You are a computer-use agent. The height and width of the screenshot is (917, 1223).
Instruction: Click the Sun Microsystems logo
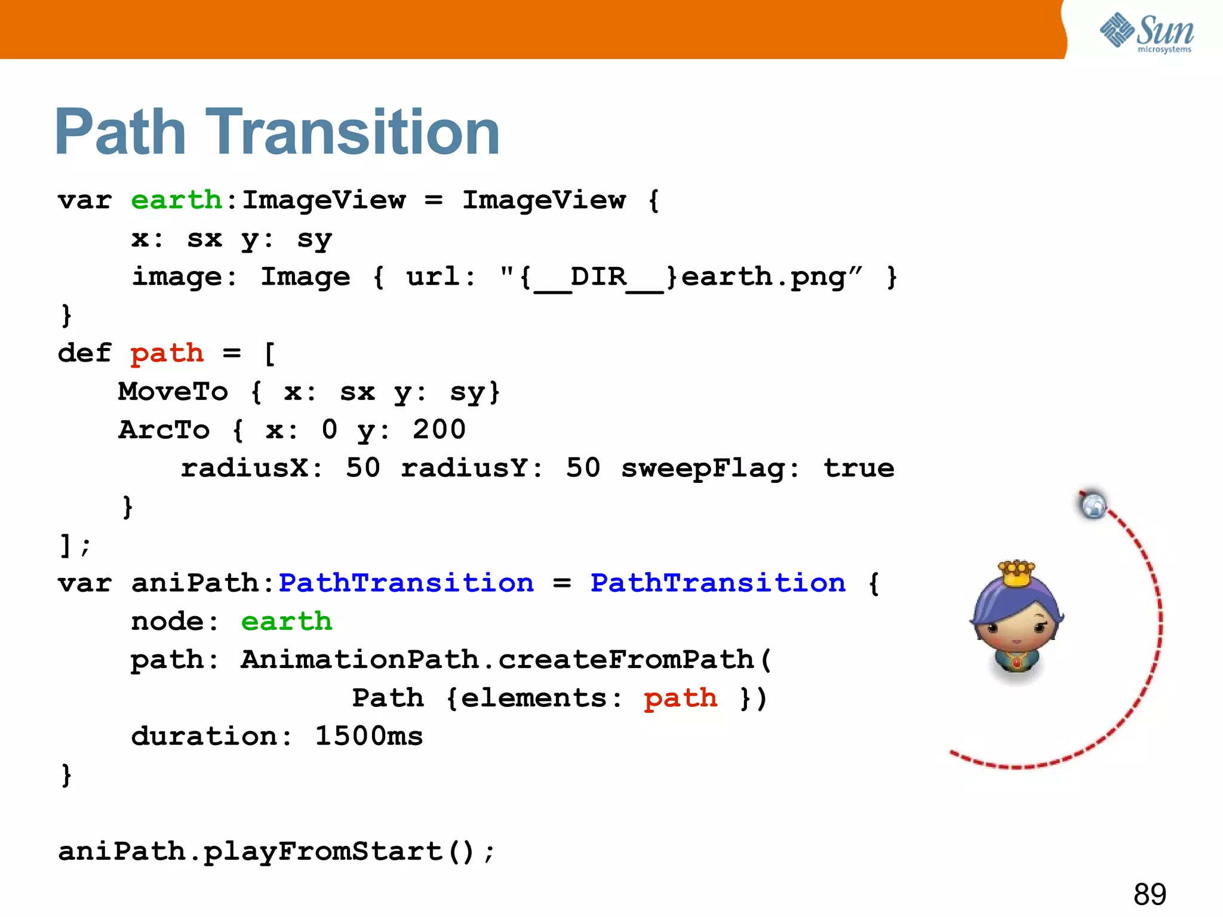(x=1147, y=33)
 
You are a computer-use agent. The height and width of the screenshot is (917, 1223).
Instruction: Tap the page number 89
(x=1150, y=894)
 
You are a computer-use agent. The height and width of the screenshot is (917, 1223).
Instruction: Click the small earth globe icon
(x=1093, y=506)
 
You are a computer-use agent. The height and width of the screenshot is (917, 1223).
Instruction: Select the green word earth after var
(x=176, y=200)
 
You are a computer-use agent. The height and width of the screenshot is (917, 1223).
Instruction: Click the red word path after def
(x=167, y=353)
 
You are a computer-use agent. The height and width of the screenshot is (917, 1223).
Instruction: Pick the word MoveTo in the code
(x=173, y=392)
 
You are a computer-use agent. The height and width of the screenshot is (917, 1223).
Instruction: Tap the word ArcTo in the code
(x=164, y=430)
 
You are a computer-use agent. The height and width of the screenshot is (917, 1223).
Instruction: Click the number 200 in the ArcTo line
(x=439, y=430)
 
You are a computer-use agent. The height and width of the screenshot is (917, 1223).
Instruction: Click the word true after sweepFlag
(x=859, y=468)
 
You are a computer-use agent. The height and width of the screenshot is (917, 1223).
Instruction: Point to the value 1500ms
(x=368, y=736)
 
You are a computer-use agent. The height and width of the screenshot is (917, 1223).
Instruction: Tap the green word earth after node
(x=287, y=621)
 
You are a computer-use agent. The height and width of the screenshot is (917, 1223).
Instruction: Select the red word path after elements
(x=681, y=698)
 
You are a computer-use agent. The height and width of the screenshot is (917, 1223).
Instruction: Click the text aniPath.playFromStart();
(x=276, y=851)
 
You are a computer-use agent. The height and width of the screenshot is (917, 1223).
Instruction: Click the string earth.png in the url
(x=764, y=277)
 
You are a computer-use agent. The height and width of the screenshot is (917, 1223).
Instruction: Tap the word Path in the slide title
(x=120, y=132)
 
